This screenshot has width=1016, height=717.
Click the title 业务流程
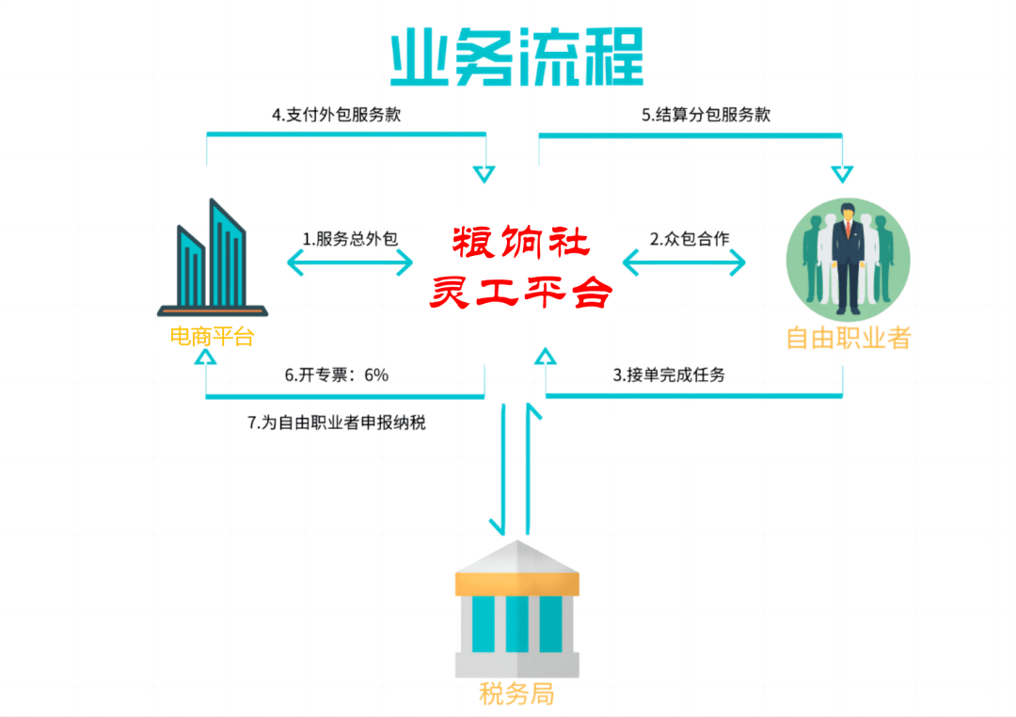click(x=516, y=56)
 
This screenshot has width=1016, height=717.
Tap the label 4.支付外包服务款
click(x=336, y=115)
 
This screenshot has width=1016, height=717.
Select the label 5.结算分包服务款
click(x=706, y=115)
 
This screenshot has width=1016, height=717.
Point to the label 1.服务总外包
click(x=350, y=239)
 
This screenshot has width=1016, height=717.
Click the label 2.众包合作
click(x=690, y=239)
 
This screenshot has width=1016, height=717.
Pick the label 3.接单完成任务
click(x=669, y=374)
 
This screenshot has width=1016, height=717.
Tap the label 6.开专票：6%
click(x=336, y=374)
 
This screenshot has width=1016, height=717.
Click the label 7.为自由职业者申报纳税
click(x=336, y=422)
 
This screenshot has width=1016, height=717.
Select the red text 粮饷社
click(x=521, y=242)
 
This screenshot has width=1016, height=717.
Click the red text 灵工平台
click(x=521, y=292)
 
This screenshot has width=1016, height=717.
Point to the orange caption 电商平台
click(x=212, y=337)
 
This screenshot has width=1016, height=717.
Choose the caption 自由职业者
click(x=849, y=338)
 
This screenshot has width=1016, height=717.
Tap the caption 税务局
click(x=516, y=693)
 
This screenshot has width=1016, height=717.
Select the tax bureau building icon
click(x=517, y=609)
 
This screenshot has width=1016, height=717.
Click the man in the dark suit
click(x=848, y=259)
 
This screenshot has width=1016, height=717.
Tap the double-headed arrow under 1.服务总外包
click(x=350, y=263)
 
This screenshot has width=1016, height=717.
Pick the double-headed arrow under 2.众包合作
click(x=684, y=263)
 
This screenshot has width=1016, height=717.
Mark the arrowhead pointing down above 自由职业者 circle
click(x=842, y=174)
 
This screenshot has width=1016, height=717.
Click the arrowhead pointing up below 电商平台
click(x=205, y=358)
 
